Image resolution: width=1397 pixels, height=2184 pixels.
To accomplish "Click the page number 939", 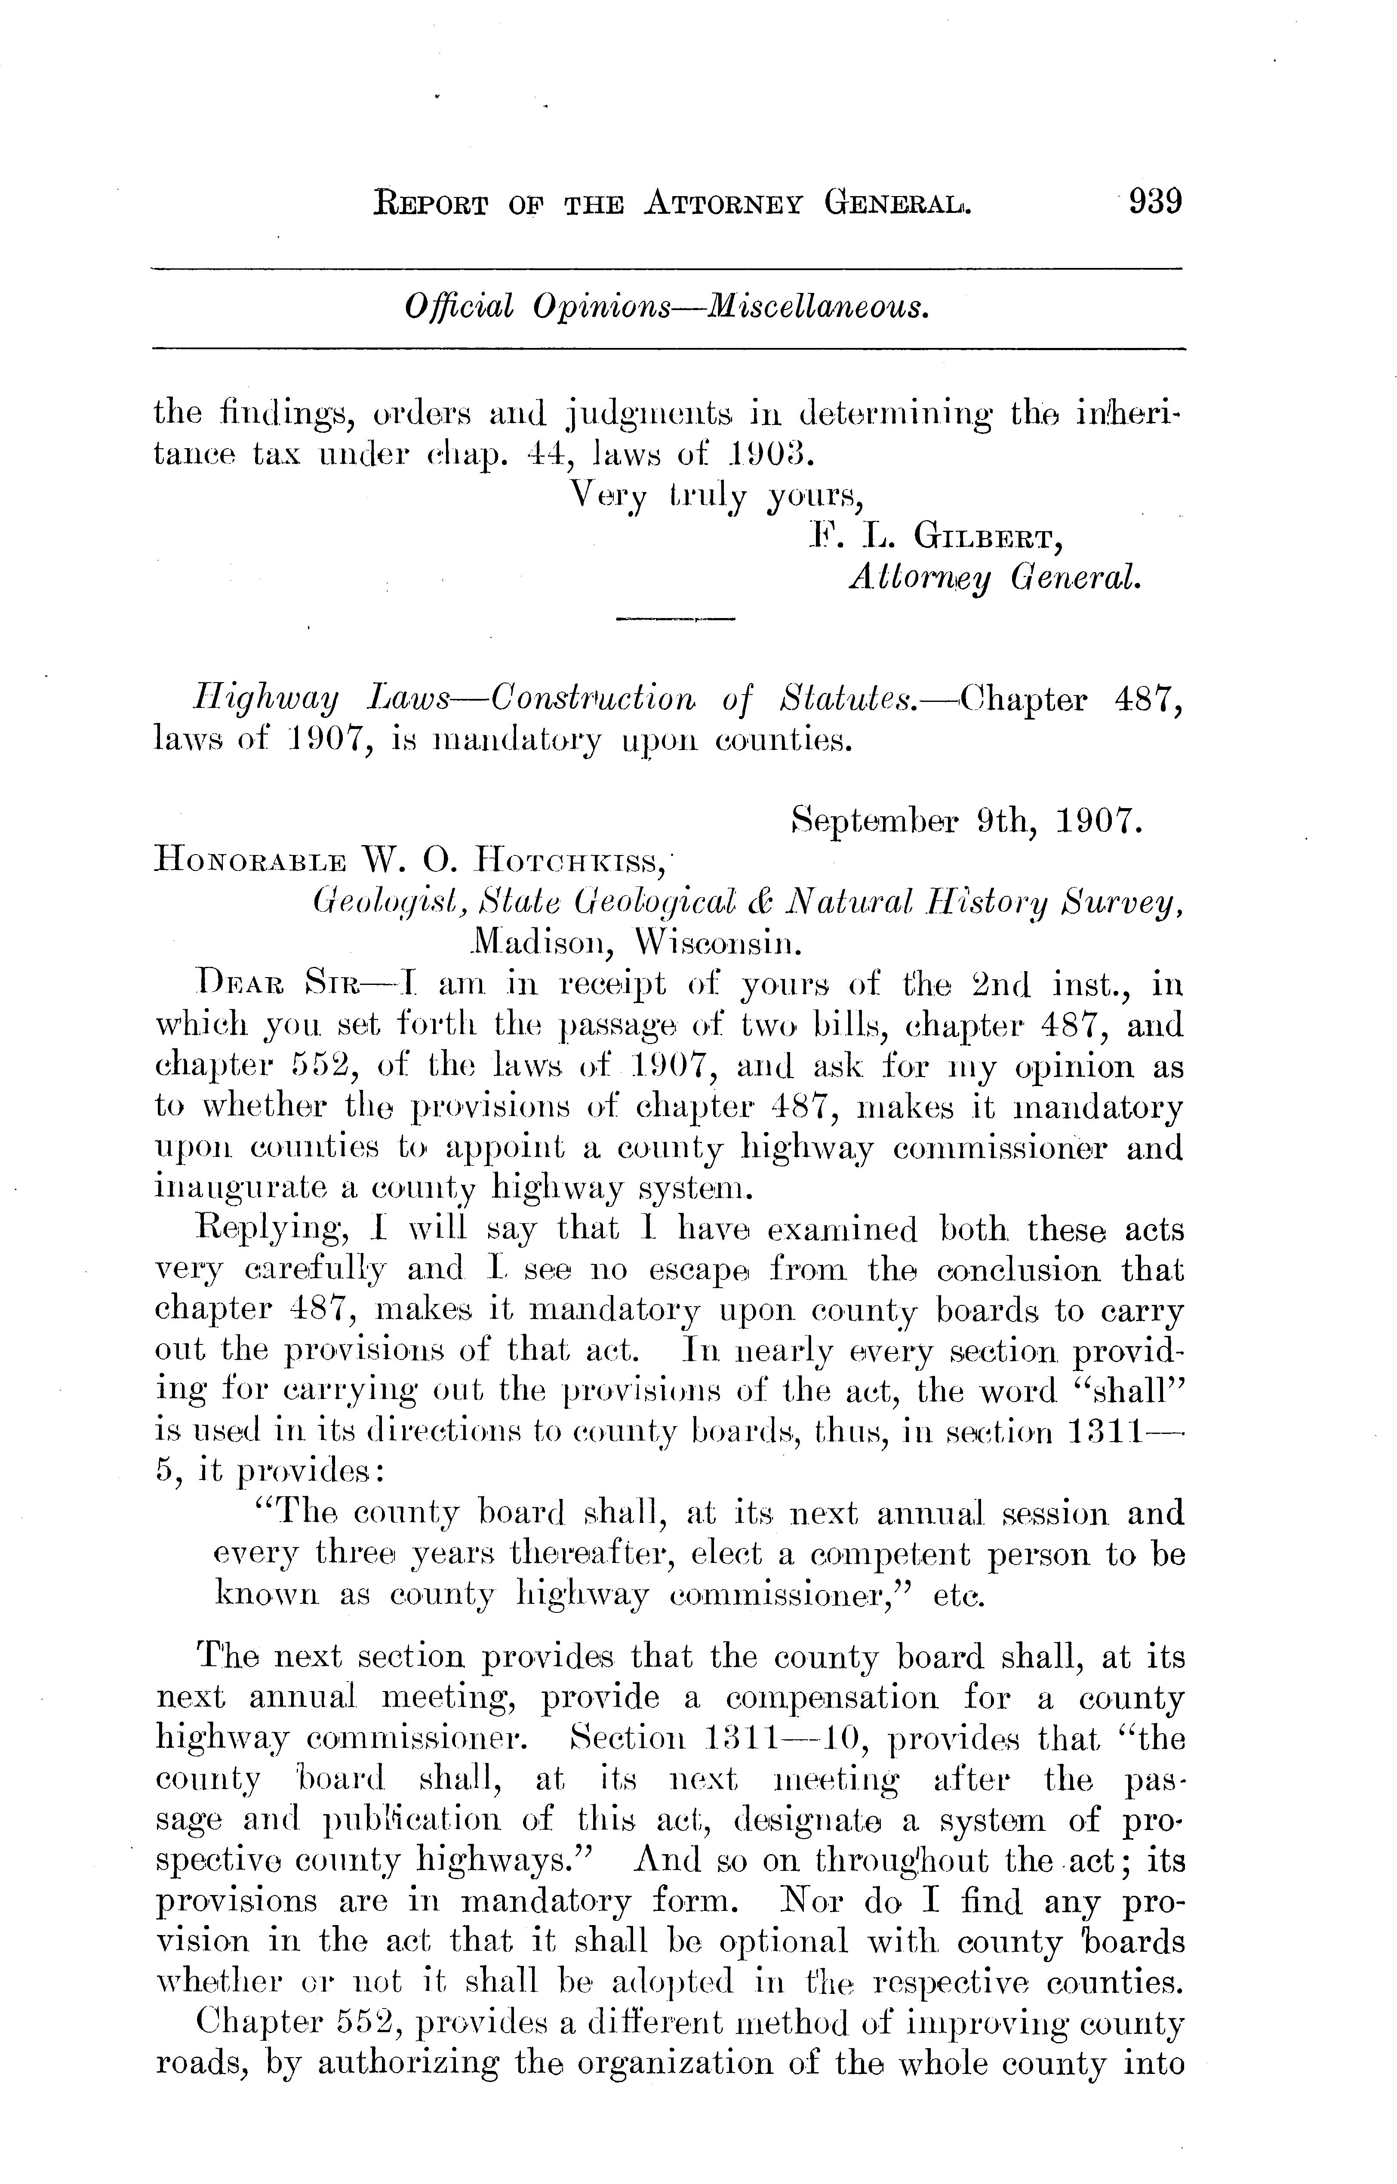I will tap(1155, 200).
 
